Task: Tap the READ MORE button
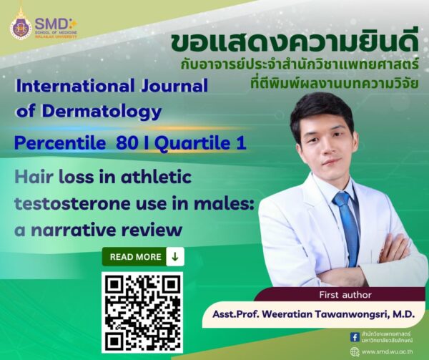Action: tap(143, 256)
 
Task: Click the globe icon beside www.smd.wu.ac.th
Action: tap(355, 351)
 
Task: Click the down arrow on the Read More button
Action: tap(175, 256)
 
